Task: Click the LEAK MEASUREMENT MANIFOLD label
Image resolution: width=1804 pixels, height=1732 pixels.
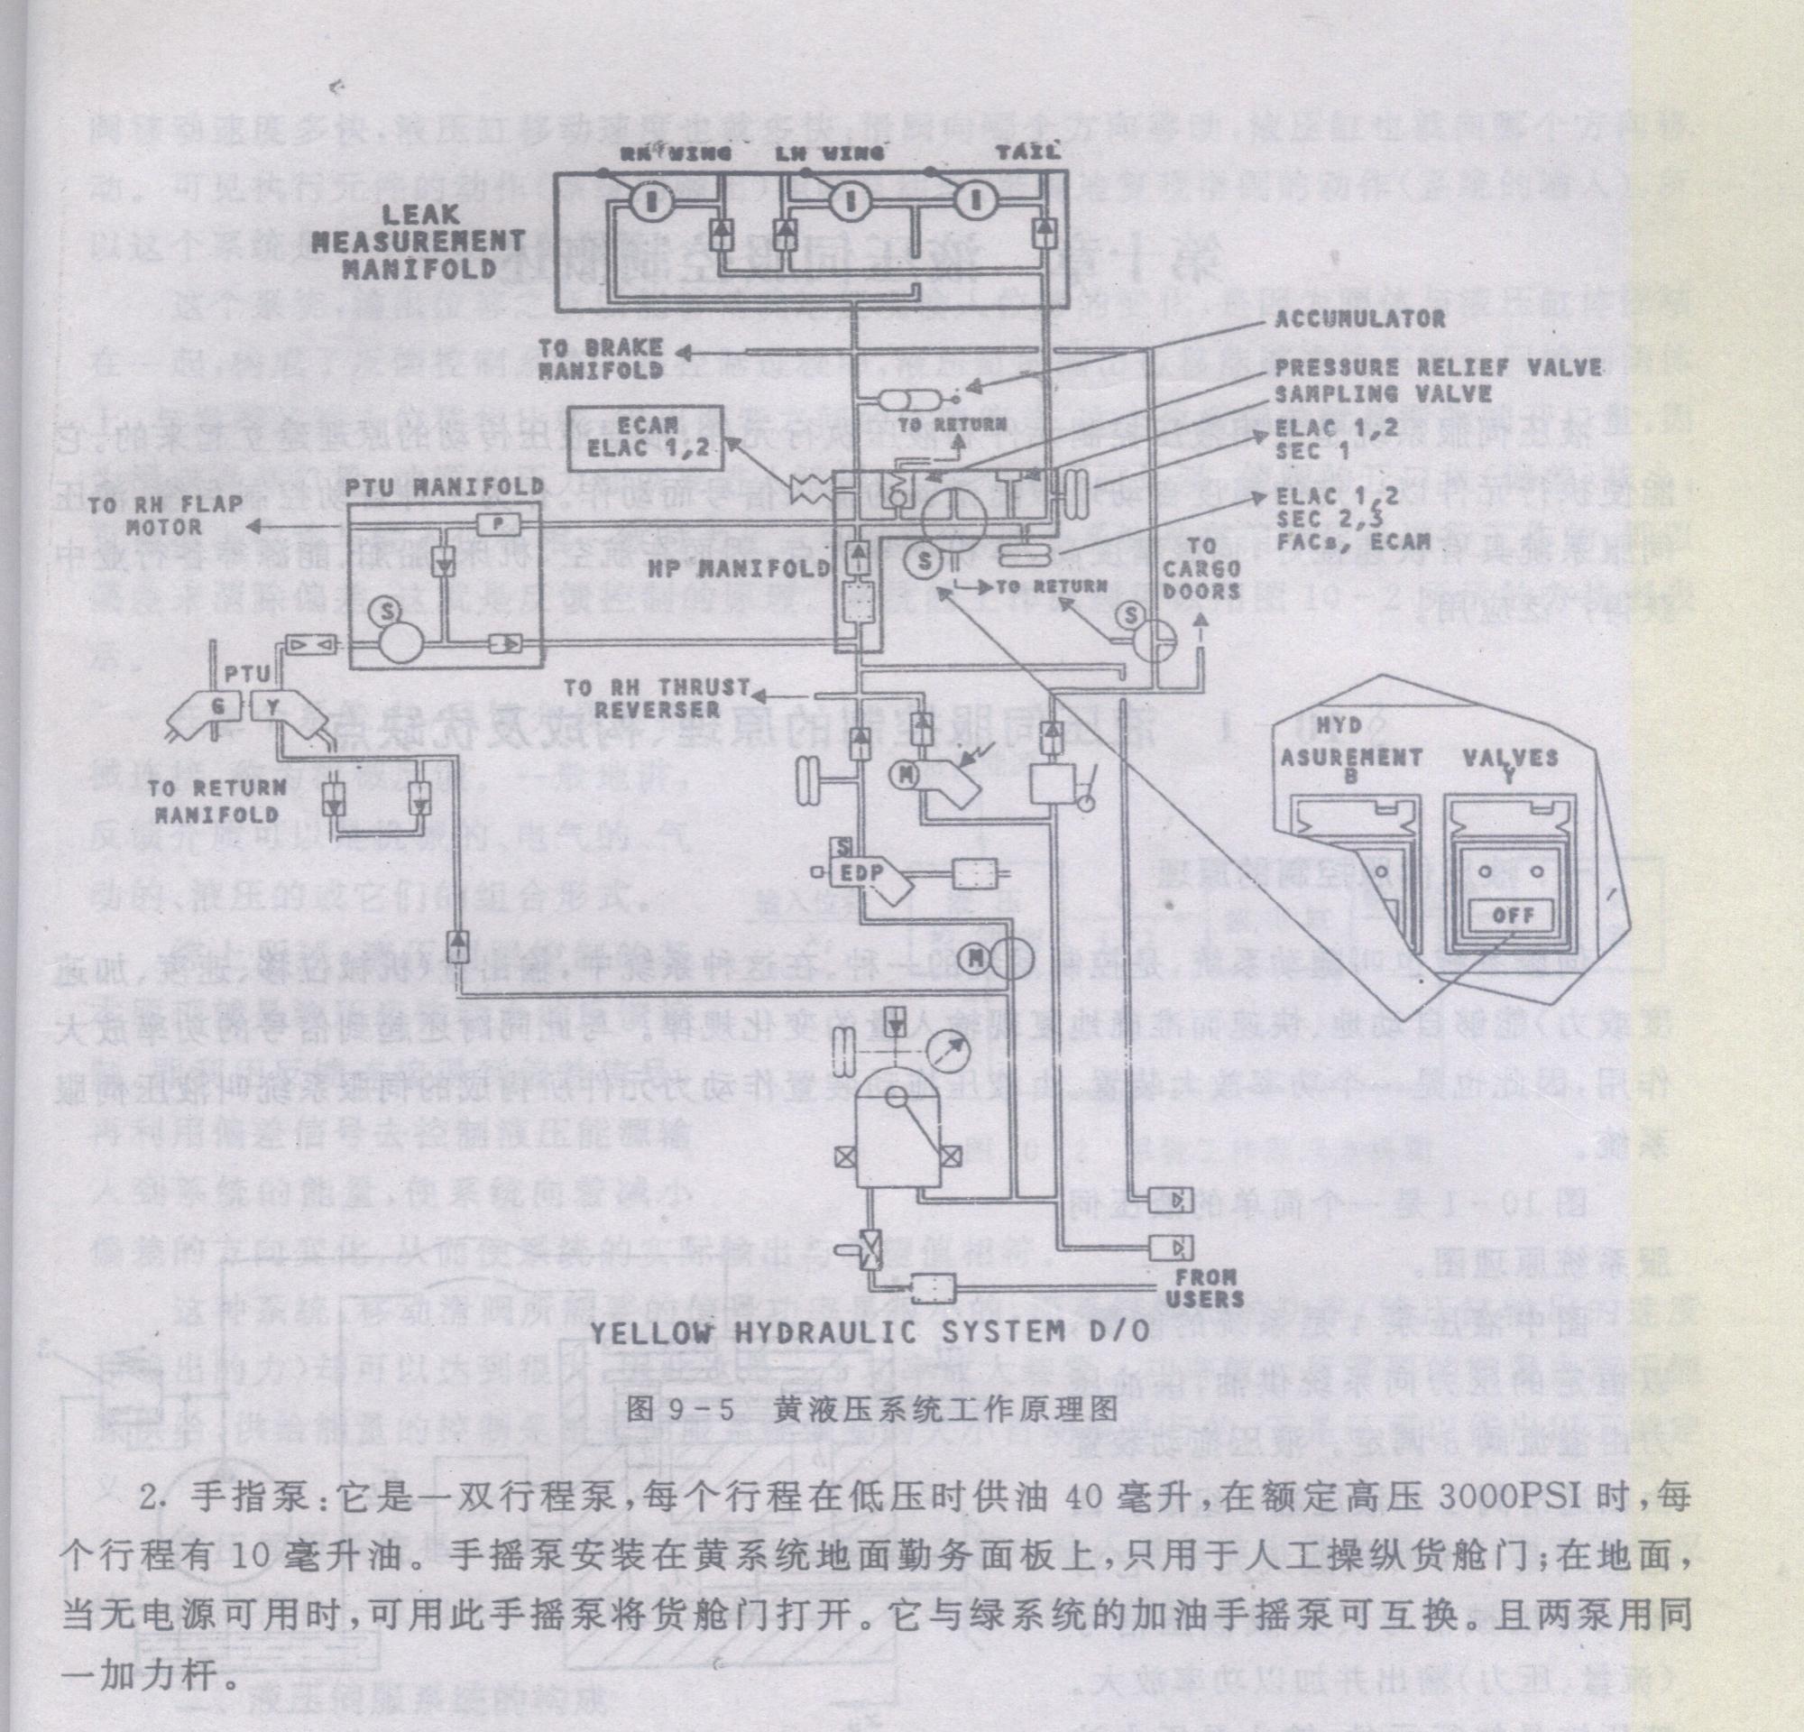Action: click(418, 242)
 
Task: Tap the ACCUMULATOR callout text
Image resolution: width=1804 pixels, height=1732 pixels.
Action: click(1359, 318)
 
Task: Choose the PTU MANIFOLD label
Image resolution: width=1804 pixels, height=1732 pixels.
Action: click(446, 485)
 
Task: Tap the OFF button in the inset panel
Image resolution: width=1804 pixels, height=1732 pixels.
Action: click(1513, 916)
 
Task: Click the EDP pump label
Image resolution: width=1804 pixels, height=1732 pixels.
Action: click(861, 872)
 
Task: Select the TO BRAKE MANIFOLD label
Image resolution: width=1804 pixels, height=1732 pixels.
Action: click(602, 359)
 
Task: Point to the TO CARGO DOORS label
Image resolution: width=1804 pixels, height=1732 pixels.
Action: click(1201, 568)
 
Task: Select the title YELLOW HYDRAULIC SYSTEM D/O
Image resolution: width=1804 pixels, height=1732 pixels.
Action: click(869, 1331)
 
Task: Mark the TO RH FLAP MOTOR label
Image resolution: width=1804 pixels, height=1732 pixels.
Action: click(166, 515)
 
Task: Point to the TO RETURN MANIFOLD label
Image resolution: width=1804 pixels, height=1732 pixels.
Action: click(216, 801)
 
